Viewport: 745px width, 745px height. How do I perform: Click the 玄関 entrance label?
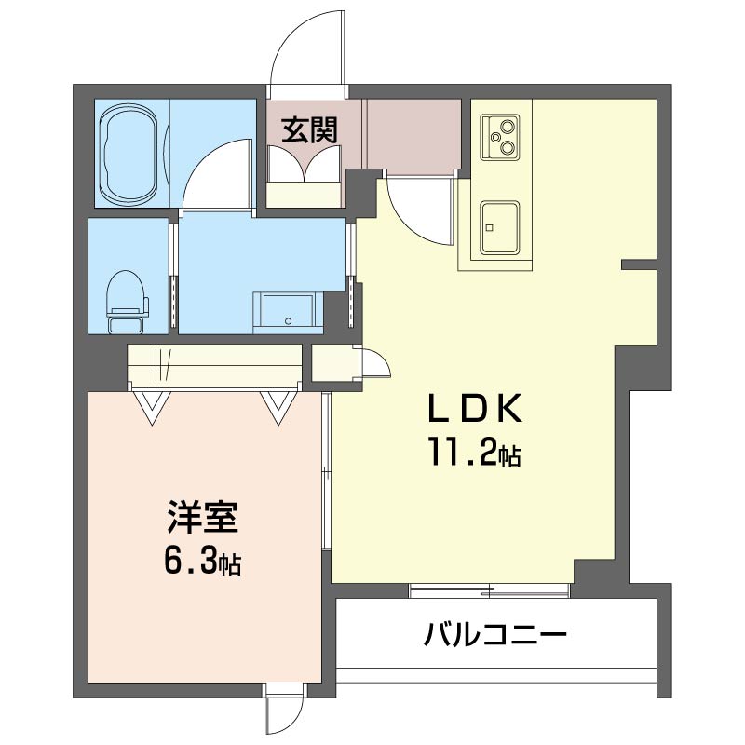click(309, 130)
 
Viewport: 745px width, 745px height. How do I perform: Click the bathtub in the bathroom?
click(130, 154)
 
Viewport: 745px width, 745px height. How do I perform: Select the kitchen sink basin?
click(500, 227)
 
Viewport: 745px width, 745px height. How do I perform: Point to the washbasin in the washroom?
click(288, 309)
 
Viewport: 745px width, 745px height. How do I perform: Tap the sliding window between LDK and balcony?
click(489, 589)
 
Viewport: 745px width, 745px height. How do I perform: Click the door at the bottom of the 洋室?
click(283, 713)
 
